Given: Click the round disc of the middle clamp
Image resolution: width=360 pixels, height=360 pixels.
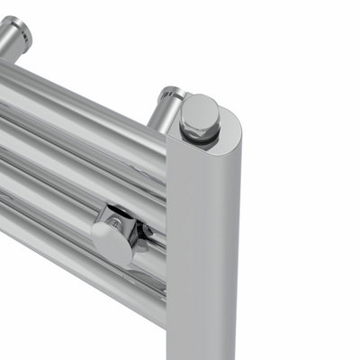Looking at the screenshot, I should (111, 241).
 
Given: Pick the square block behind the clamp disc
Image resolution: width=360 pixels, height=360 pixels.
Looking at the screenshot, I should (121, 221).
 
